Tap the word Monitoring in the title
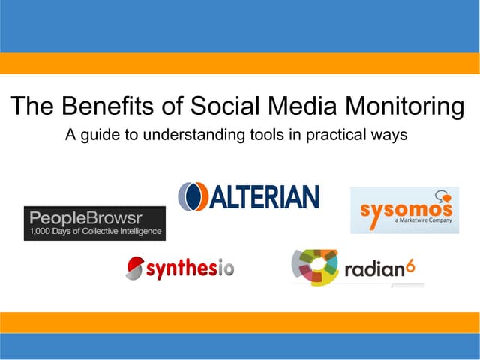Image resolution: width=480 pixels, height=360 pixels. [404, 107]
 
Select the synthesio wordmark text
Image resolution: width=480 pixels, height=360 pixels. [190, 266]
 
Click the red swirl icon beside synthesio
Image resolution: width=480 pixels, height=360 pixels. [135, 266]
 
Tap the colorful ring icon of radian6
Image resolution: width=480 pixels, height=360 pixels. [316, 266]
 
